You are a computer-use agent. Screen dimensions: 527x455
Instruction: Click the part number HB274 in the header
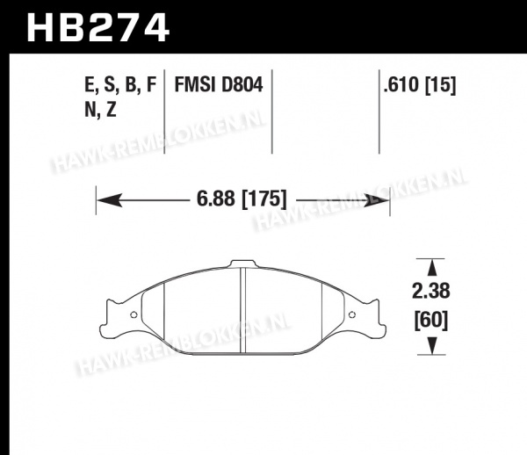click(x=97, y=27)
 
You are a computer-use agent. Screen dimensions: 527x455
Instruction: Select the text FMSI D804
click(x=219, y=84)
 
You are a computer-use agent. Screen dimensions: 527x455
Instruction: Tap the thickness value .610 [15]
click(x=420, y=84)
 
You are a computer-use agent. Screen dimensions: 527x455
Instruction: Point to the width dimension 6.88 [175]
click(x=242, y=199)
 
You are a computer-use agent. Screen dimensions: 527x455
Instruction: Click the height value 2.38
click(x=431, y=291)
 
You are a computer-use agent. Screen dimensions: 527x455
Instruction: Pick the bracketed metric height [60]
click(x=431, y=321)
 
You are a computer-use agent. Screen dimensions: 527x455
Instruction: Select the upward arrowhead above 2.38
click(x=432, y=268)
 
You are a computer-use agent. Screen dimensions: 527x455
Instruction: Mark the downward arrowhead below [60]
click(x=432, y=346)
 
